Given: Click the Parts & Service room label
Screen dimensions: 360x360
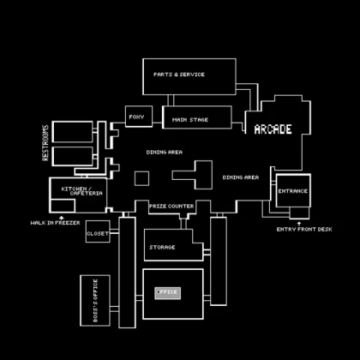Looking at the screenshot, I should point(179,75).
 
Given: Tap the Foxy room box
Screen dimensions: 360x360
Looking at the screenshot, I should point(135,117).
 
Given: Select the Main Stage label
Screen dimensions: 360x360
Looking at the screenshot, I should point(190,119).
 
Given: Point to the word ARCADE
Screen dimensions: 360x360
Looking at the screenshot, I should point(273,129).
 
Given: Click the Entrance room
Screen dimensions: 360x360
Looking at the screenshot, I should point(292,191).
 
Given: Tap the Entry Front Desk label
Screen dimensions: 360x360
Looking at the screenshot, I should point(304,229).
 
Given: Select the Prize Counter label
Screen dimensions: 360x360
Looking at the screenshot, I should point(171,206).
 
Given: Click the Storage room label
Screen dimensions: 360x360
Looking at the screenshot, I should point(162,247).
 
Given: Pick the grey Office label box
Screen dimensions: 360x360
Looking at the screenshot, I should point(168,292).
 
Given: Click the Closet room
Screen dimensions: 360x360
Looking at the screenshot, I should point(97,232).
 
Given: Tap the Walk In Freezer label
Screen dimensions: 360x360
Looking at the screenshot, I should point(55,223).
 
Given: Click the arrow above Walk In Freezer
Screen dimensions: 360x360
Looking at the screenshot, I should point(62,216).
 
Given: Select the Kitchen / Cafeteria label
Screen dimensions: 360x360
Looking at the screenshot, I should point(82,190).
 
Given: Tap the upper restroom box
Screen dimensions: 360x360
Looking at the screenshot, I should point(73,132).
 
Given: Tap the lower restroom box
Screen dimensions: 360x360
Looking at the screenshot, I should point(73,156).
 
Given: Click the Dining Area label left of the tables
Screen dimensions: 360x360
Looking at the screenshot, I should point(164,152).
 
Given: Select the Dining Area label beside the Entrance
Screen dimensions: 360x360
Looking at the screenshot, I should point(241,177).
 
